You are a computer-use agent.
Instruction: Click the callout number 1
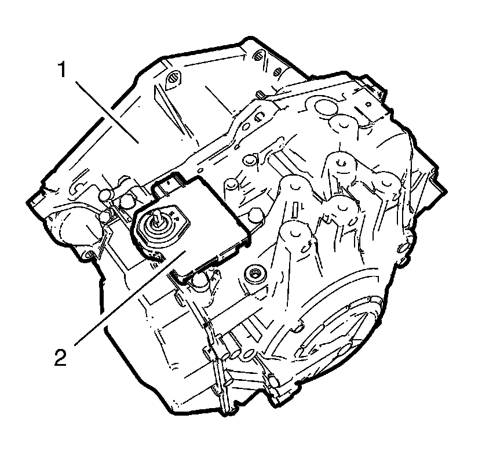tap(63, 69)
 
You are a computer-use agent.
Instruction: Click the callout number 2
tap(60, 357)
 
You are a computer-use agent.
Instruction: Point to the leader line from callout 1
tap(107, 112)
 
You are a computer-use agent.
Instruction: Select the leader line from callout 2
tap(130, 297)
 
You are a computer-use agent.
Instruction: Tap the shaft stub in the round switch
tap(158, 215)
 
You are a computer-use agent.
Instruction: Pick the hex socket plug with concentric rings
tap(254, 272)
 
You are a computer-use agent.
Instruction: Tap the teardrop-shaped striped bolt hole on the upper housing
tap(173, 78)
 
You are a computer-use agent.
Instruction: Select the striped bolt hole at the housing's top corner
tap(258, 55)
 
